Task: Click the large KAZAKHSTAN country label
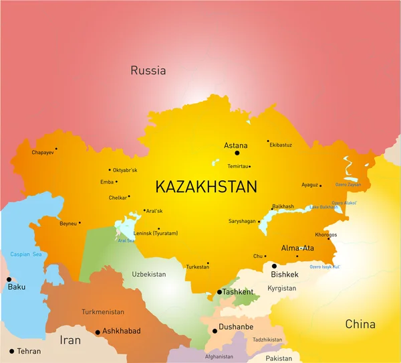(206, 187)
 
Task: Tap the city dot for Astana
(237, 153)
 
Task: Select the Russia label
(148, 70)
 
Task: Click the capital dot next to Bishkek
(274, 266)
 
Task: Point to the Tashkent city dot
(219, 292)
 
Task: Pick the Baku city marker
(9, 279)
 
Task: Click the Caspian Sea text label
(26, 255)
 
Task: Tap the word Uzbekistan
(148, 275)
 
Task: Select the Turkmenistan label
(103, 312)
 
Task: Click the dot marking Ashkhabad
(98, 332)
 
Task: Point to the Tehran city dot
(11, 351)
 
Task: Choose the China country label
(360, 324)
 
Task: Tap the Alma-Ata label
(297, 248)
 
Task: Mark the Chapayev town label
(41, 153)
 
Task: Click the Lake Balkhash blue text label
(323, 207)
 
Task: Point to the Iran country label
(70, 340)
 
